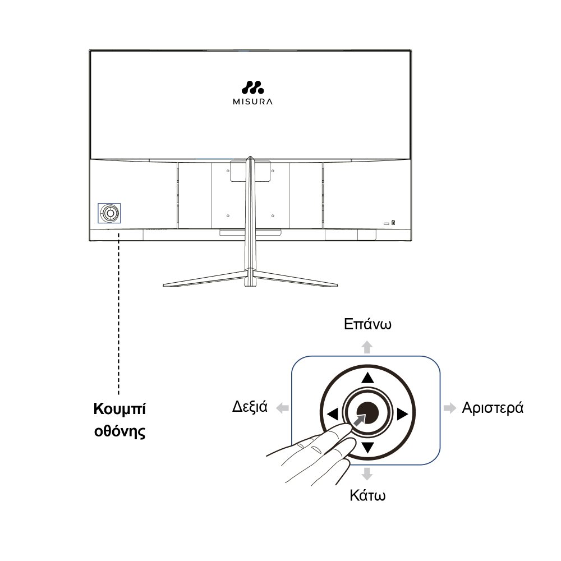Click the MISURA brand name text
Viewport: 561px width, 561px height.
click(x=252, y=102)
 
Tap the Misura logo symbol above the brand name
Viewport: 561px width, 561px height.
click(x=252, y=88)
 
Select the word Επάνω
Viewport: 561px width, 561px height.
click(x=367, y=324)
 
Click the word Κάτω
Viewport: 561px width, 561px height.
click(x=367, y=495)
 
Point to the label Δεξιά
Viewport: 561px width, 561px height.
click(x=250, y=407)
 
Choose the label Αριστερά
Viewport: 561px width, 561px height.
click(x=493, y=408)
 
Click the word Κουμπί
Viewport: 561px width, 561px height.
click(x=119, y=409)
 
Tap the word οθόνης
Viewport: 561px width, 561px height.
click(x=120, y=431)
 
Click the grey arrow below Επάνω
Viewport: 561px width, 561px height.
click(x=367, y=347)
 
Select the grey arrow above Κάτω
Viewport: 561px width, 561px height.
click(x=367, y=473)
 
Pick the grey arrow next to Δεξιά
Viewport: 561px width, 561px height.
click(x=283, y=408)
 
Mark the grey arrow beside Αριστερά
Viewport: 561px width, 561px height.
click(x=450, y=408)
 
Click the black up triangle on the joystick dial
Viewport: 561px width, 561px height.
click(x=367, y=378)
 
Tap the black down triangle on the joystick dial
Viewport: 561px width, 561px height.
click(x=367, y=447)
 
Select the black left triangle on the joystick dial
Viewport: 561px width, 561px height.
click(x=333, y=415)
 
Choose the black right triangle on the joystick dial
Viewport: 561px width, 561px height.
click(x=402, y=415)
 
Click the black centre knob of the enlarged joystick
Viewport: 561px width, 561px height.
click(x=368, y=413)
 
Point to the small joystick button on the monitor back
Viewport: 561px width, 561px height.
click(x=109, y=213)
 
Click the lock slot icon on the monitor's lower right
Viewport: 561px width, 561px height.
click(x=393, y=223)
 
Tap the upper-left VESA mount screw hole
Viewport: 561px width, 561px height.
click(x=228, y=171)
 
